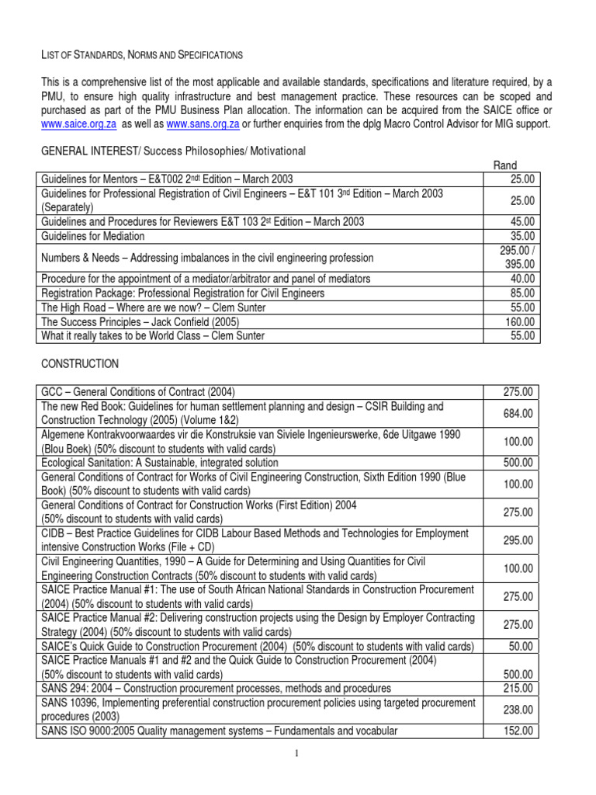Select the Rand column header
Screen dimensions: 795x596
point(506,165)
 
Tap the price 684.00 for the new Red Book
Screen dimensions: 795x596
point(518,414)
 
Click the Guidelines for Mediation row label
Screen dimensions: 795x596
point(92,236)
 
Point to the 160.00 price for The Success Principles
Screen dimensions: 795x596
point(518,321)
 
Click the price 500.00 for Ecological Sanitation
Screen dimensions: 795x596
point(518,463)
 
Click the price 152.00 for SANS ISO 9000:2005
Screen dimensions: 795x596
point(518,731)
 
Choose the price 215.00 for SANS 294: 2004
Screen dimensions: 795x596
point(518,688)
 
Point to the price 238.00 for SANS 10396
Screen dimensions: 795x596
point(518,709)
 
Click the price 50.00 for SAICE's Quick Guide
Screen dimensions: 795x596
point(521,646)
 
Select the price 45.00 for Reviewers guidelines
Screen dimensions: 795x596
point(521,222)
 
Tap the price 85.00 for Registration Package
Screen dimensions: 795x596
point(521,293)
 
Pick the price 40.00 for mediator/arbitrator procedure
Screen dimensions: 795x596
point(521,279)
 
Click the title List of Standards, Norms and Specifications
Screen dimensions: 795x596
point(141,54)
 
